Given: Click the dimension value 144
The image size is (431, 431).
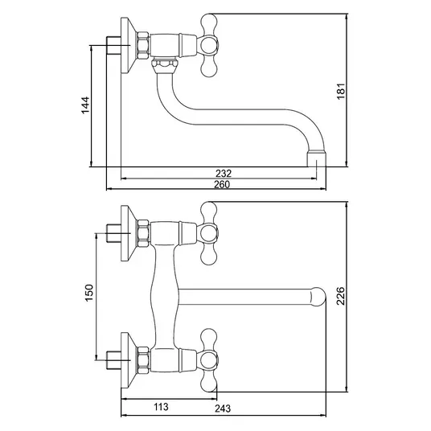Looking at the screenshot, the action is (85, 105).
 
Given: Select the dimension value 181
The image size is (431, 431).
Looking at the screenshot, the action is (341, 91).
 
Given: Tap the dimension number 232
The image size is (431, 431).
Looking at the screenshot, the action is (224, 174).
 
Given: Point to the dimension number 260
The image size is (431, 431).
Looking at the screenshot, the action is (222, 184).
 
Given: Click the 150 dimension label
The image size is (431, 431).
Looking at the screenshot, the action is (89, 293).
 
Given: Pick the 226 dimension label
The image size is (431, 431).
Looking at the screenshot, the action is (341, 296).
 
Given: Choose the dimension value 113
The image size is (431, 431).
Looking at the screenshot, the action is (161, 407).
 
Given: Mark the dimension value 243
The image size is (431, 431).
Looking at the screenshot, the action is (223, 408).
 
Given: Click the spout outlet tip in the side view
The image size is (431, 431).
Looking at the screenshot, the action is (317, 158).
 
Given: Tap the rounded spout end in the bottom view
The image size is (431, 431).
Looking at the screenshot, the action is (318, 297).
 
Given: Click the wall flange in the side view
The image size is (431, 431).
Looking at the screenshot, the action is (129, 46).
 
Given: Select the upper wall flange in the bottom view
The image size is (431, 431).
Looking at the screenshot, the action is (129, 233).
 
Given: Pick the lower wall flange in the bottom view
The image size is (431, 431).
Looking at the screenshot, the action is (129, 360).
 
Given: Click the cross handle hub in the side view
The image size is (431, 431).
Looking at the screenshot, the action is (207, 45).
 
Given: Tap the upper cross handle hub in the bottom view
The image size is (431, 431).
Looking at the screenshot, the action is (207, 233).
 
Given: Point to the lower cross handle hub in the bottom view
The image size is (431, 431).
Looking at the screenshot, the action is (207, 360).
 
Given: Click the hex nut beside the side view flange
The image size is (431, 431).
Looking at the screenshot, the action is (143, 45).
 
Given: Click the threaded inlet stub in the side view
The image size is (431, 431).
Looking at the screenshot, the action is (113, 45).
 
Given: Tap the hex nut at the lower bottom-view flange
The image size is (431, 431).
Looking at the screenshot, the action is (143, 360).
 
